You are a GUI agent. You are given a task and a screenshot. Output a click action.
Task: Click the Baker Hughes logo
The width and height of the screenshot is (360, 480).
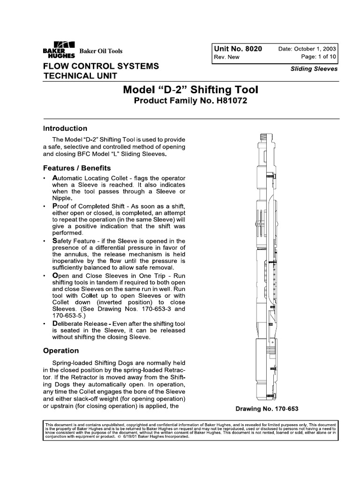pyautogui.click(x=58, y=49)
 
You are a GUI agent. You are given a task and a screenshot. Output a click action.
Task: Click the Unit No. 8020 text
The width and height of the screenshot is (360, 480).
pyautogui.click(x=238, y=49)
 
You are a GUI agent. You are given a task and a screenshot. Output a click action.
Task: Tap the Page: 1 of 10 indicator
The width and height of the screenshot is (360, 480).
pyautogui.click(x=316, y=57)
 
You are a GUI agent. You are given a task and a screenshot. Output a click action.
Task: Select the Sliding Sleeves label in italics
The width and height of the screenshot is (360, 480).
pyautogui.click(x=314, y=69)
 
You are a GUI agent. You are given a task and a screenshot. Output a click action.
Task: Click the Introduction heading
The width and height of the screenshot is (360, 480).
pyautogui.click(x=65, y=128)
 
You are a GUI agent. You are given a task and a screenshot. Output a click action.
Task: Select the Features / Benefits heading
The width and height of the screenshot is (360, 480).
pyautogui.click(x=77, y=167)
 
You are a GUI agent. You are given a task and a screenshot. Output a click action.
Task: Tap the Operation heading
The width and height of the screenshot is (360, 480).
pyautogui.click(x=61, y=350)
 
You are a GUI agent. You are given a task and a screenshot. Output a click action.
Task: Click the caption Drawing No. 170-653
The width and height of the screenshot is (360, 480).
pyautogui.click(x=270, y=408)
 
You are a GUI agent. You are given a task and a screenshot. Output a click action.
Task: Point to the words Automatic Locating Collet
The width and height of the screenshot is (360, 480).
pyautogui.click(x=87, y=179)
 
